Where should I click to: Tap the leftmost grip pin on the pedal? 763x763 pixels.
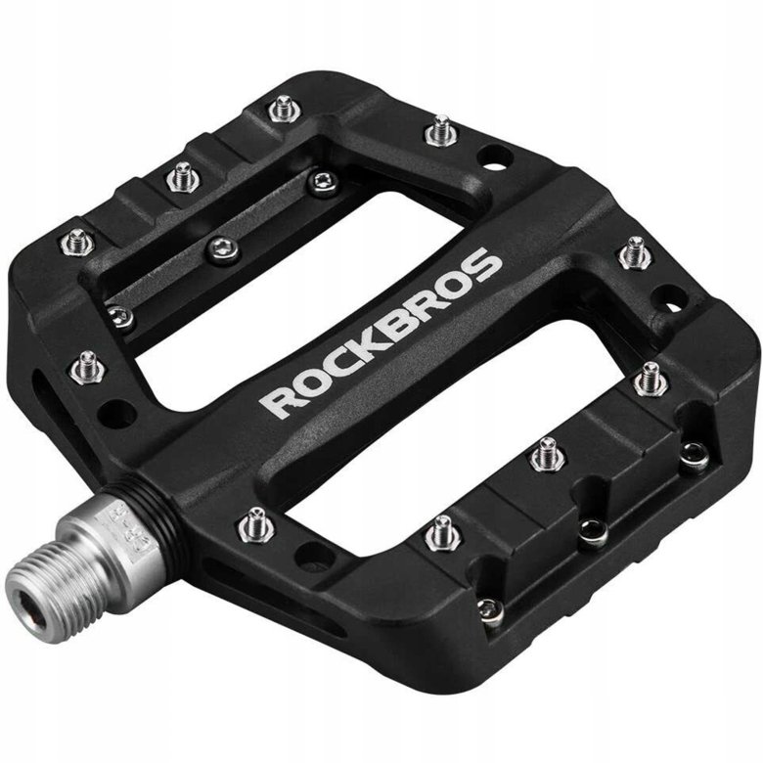(x=77, y=240)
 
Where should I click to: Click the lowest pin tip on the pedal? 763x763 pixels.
(x=492, y=611)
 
